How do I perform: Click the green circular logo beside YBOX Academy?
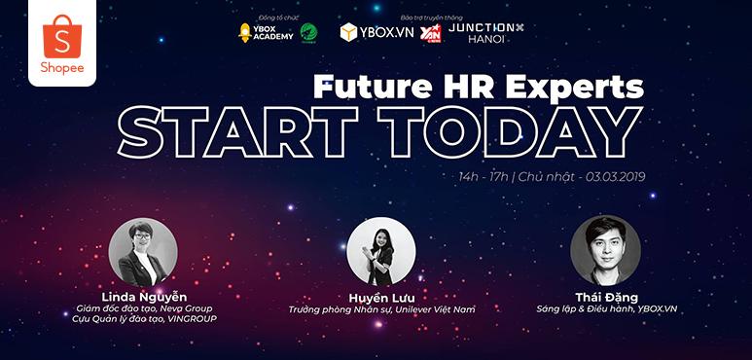coord(308,33)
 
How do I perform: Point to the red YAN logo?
coord(430,33)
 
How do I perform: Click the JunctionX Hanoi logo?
coord(481,33)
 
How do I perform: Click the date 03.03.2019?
coord(614,178)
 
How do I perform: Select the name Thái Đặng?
coord(598,296)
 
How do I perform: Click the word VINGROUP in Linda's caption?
coord(189,318)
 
